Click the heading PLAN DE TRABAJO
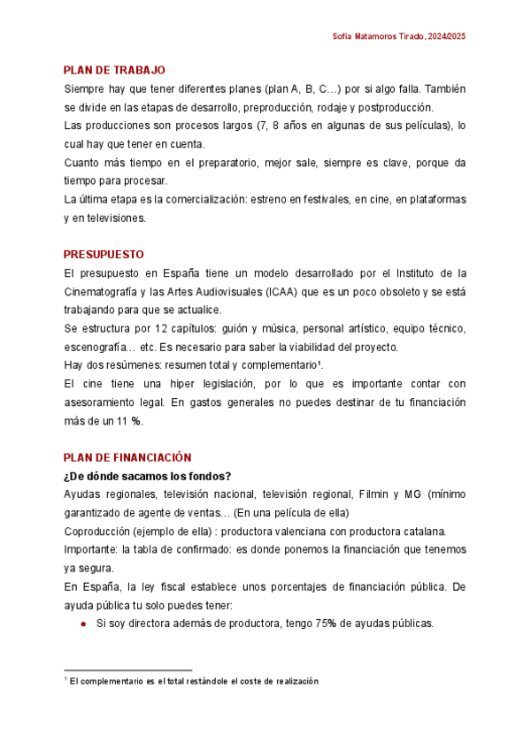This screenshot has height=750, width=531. (114, 70)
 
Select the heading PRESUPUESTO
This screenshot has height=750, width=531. (104, 255)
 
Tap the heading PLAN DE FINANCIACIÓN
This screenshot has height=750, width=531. (127, 457)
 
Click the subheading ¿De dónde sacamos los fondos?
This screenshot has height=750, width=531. (147, 476)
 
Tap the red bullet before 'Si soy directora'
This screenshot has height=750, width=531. (83, 623)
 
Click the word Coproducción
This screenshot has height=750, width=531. (95, 531)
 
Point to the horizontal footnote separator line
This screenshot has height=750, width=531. (128, 670)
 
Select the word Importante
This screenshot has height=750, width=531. (91, 549)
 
